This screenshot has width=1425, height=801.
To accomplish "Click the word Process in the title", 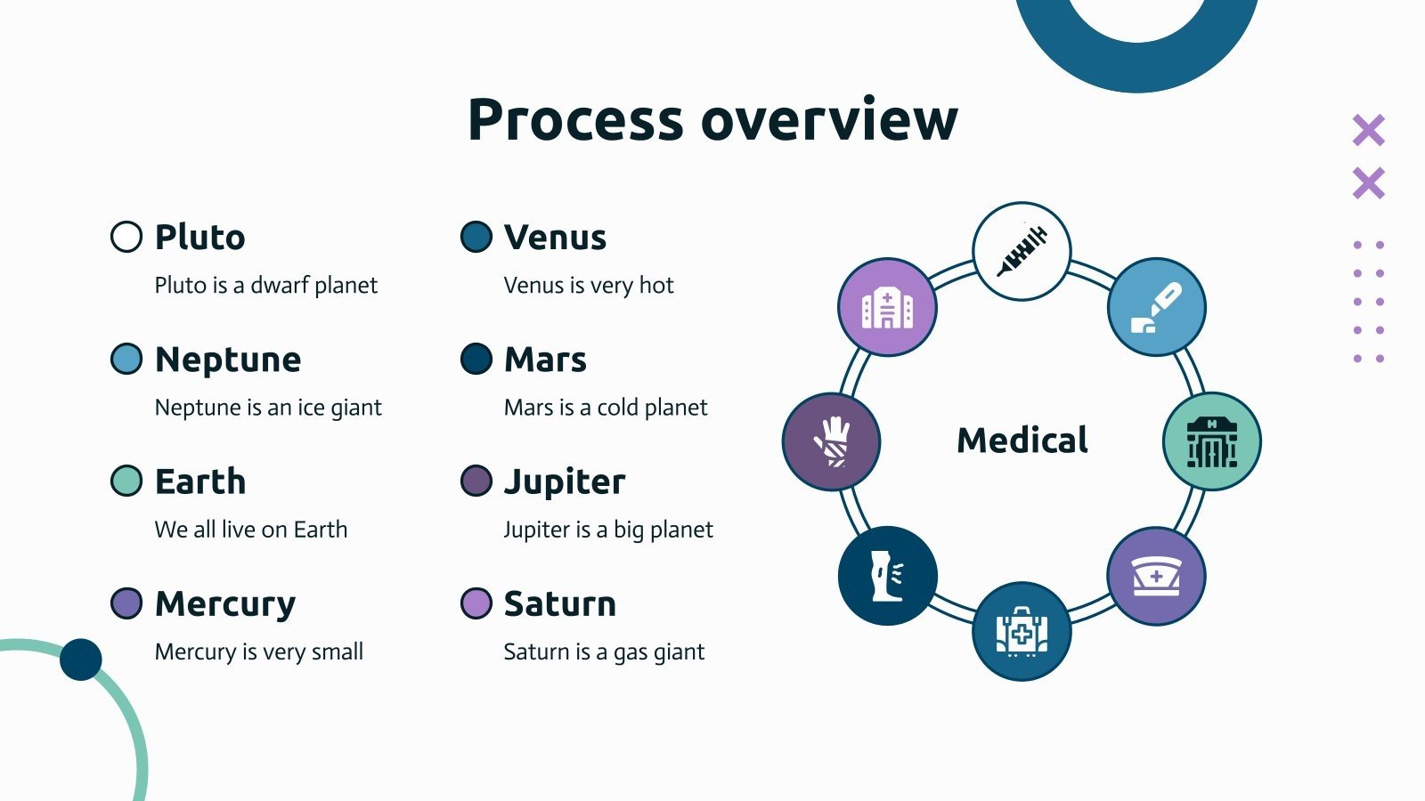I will click(x=575, y=120).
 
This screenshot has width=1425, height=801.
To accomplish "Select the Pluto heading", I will click(x=199, y=238).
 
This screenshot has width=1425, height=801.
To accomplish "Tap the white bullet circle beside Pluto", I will click(x=126, y=237).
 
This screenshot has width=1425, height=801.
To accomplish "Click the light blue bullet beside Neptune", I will click(x=126, y=359).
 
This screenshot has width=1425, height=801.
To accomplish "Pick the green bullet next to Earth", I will click(x=126, y=481).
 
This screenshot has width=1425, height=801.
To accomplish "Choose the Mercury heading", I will click(x=224, y=604).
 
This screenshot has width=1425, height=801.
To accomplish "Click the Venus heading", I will click(x=555, y=238).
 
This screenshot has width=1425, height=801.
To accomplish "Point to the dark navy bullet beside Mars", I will click(x=476, y=359).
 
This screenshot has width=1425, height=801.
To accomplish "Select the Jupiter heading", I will click(x=565, y=481).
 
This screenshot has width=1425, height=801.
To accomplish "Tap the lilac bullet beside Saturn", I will click(x=476, y=603).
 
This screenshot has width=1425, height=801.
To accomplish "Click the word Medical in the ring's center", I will click(x=1022, y=441).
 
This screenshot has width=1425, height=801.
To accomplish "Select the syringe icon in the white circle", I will click(x=1022, y=251).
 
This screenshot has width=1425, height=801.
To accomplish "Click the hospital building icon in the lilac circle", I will click(x=887, y=308).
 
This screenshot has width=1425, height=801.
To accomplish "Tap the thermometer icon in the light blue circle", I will click(x=1156, y=308).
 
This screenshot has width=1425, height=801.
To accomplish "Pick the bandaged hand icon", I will click(x=832, y=441).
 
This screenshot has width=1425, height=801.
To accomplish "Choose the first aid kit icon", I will click(x=1022, y=632).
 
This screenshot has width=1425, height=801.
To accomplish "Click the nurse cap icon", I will click(x=1156, y=576).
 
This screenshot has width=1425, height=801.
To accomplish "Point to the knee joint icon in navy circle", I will click(x=887, y=576).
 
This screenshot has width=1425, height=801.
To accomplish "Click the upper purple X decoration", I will click(x=1368, y=131).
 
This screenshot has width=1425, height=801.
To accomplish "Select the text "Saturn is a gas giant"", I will click(x=604, y=652).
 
